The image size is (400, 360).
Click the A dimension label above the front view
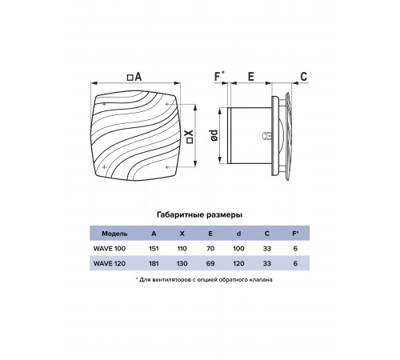tap(134, 77)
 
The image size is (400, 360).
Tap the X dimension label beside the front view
tap(190, 137)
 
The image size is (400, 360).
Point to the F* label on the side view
tap(220, 76)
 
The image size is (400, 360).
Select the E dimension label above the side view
tap(251, 77)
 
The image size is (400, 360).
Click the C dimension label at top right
tap(303, 77)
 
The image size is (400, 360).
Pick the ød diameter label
tap(214, 135)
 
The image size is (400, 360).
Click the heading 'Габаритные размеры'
tap(199, 214)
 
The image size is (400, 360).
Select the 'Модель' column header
tap(114, 234)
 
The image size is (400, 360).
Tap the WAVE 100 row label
tap(110, 249)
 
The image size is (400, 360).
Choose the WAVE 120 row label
tap(110, 263)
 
